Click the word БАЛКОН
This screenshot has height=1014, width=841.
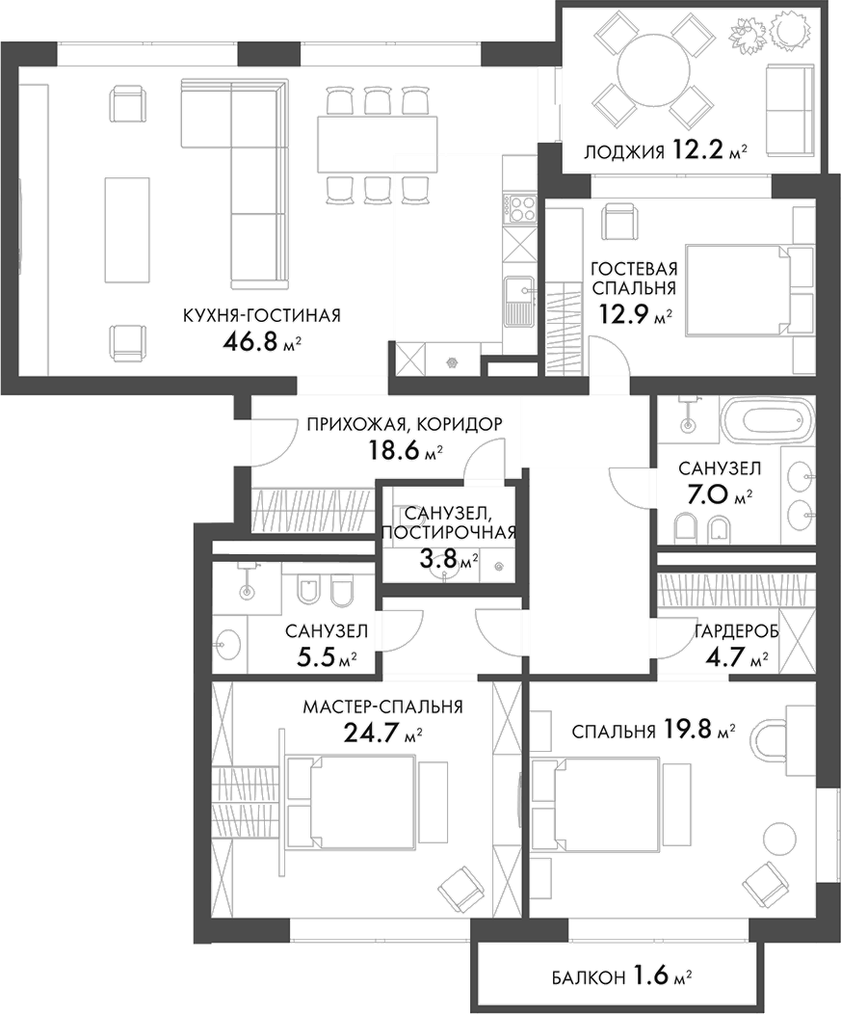pyautogui.click(x=587, y=978)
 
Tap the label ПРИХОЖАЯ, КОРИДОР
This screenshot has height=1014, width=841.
pyautogui.click(x=405, y=423)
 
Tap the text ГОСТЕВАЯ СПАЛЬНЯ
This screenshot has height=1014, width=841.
pyautogui.click(x=633, y=279)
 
